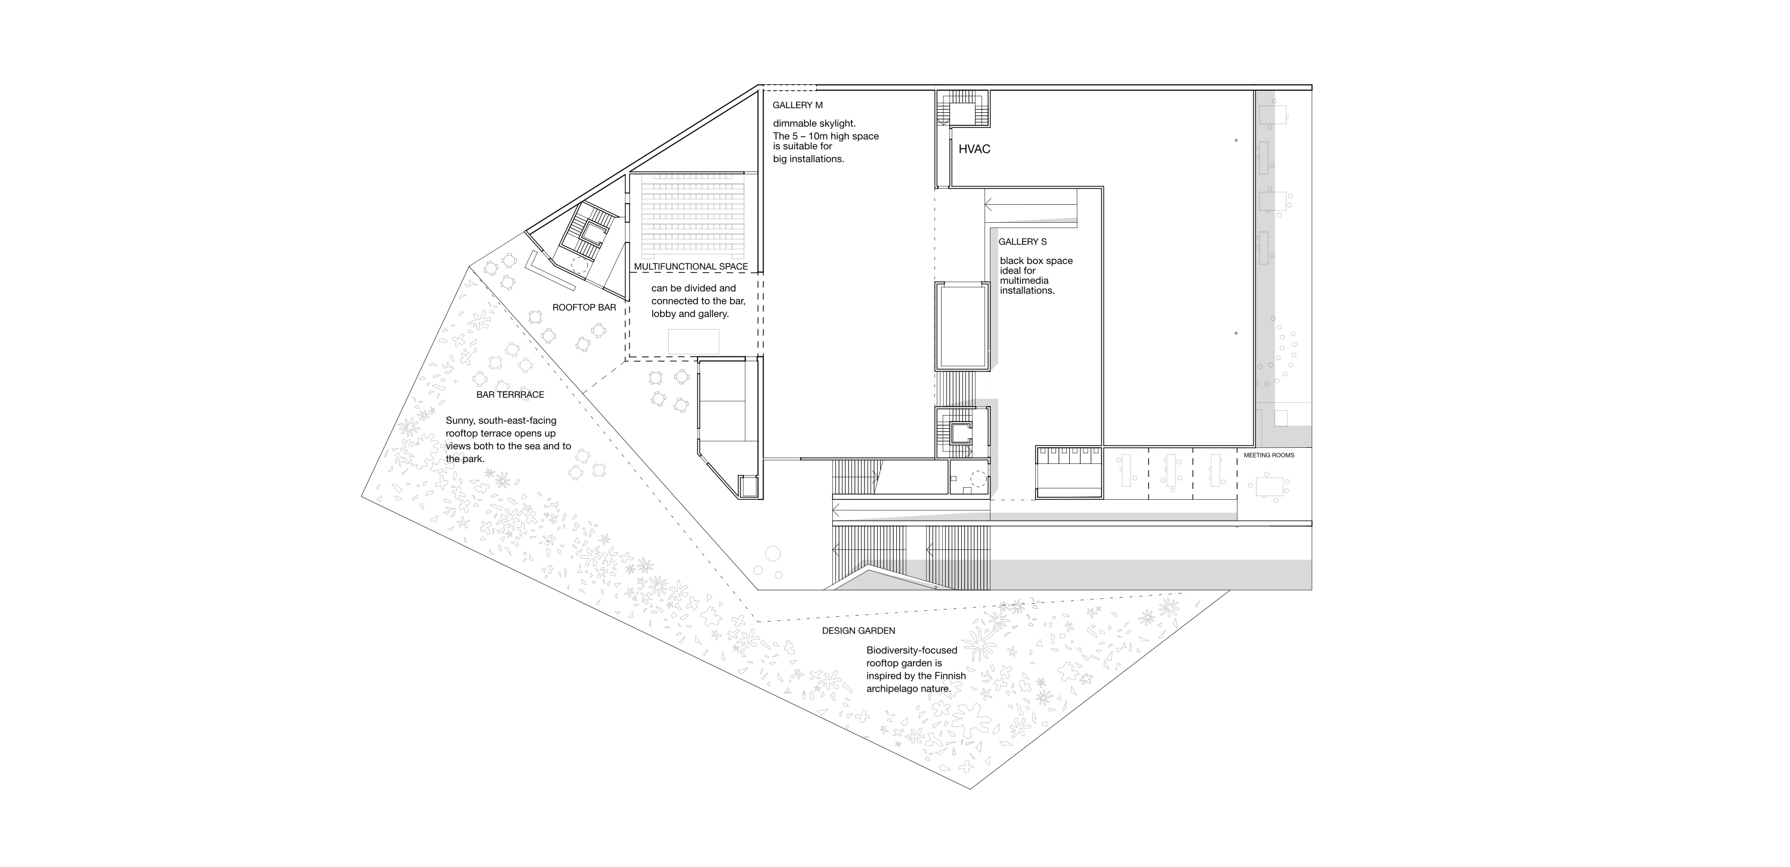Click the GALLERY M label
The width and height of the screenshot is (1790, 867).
(x=797, y=106)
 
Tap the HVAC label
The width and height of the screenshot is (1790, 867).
(x=974, y=149)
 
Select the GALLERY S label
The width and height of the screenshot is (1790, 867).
(x=1022, y=242)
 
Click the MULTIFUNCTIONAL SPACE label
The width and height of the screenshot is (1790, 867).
(x=691, y=267)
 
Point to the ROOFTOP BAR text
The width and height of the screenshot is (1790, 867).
(x=584, y=308)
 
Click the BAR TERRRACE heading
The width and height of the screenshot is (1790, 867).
(x=510, y=395)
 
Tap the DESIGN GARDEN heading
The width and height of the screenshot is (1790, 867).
(x=858, y=631)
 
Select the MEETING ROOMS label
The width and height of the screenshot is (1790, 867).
(x=1269, y=456)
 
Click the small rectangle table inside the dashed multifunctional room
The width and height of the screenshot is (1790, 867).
(x=693, y=342)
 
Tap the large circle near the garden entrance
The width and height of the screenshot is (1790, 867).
(x=772, y=555)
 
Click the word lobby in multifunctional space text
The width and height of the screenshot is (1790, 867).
(x=663, y=314)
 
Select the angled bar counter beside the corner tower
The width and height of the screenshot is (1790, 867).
(x=549, y=272)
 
